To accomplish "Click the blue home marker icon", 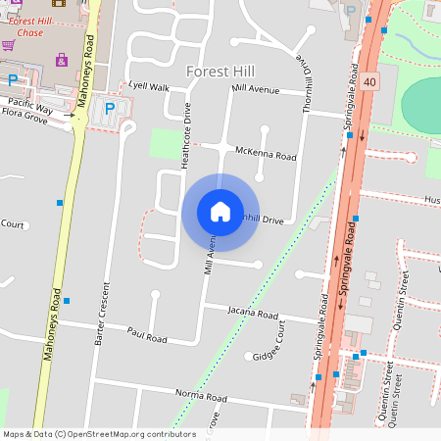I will click(220, 211).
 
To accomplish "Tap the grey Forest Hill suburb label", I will click(220, 72).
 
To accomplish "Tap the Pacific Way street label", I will click(30, 102).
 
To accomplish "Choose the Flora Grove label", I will click(24, 115).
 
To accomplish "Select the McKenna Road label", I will click(266, 155).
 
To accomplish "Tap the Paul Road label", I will click(147, 336).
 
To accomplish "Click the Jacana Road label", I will click(253, 314).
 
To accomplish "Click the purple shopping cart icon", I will click(8, 44).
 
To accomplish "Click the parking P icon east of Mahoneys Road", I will click(110, 108).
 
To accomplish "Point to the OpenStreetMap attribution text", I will click(99, 434).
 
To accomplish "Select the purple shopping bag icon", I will click(62, 59).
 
